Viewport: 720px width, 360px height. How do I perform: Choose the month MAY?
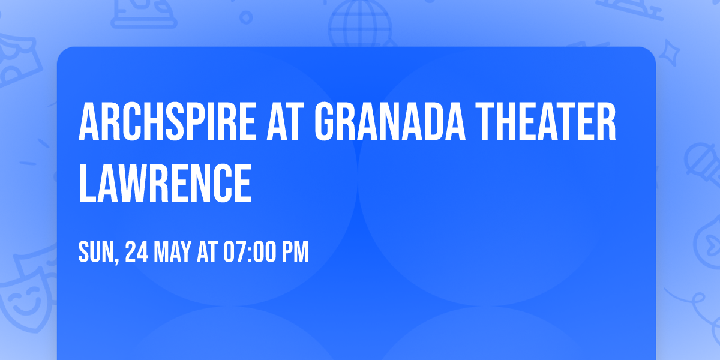tap(175, 253)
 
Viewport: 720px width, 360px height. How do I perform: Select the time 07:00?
tap(251, 253)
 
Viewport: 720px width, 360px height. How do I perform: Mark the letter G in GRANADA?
tap(328, 122)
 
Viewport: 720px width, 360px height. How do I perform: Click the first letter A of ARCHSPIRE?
tap(89, 122)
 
